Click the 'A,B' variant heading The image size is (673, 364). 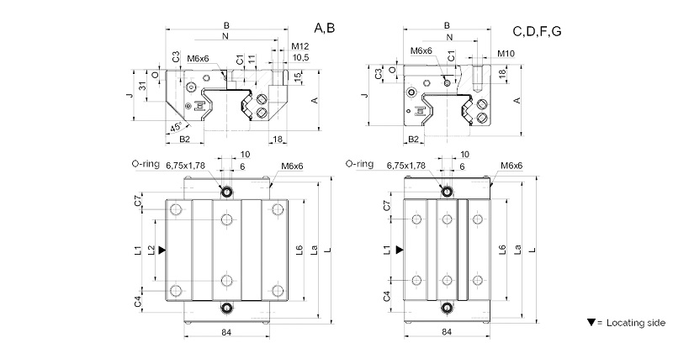[325, 29]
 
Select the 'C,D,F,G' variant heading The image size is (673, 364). [537, 32]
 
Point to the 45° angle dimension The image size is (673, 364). [175, 128]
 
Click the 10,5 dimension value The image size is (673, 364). [301, 57]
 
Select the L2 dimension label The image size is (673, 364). [151, 251]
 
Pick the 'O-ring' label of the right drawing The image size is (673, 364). [359, 165]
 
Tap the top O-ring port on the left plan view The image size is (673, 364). [226, 191]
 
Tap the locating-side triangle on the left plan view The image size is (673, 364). [162, 251]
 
